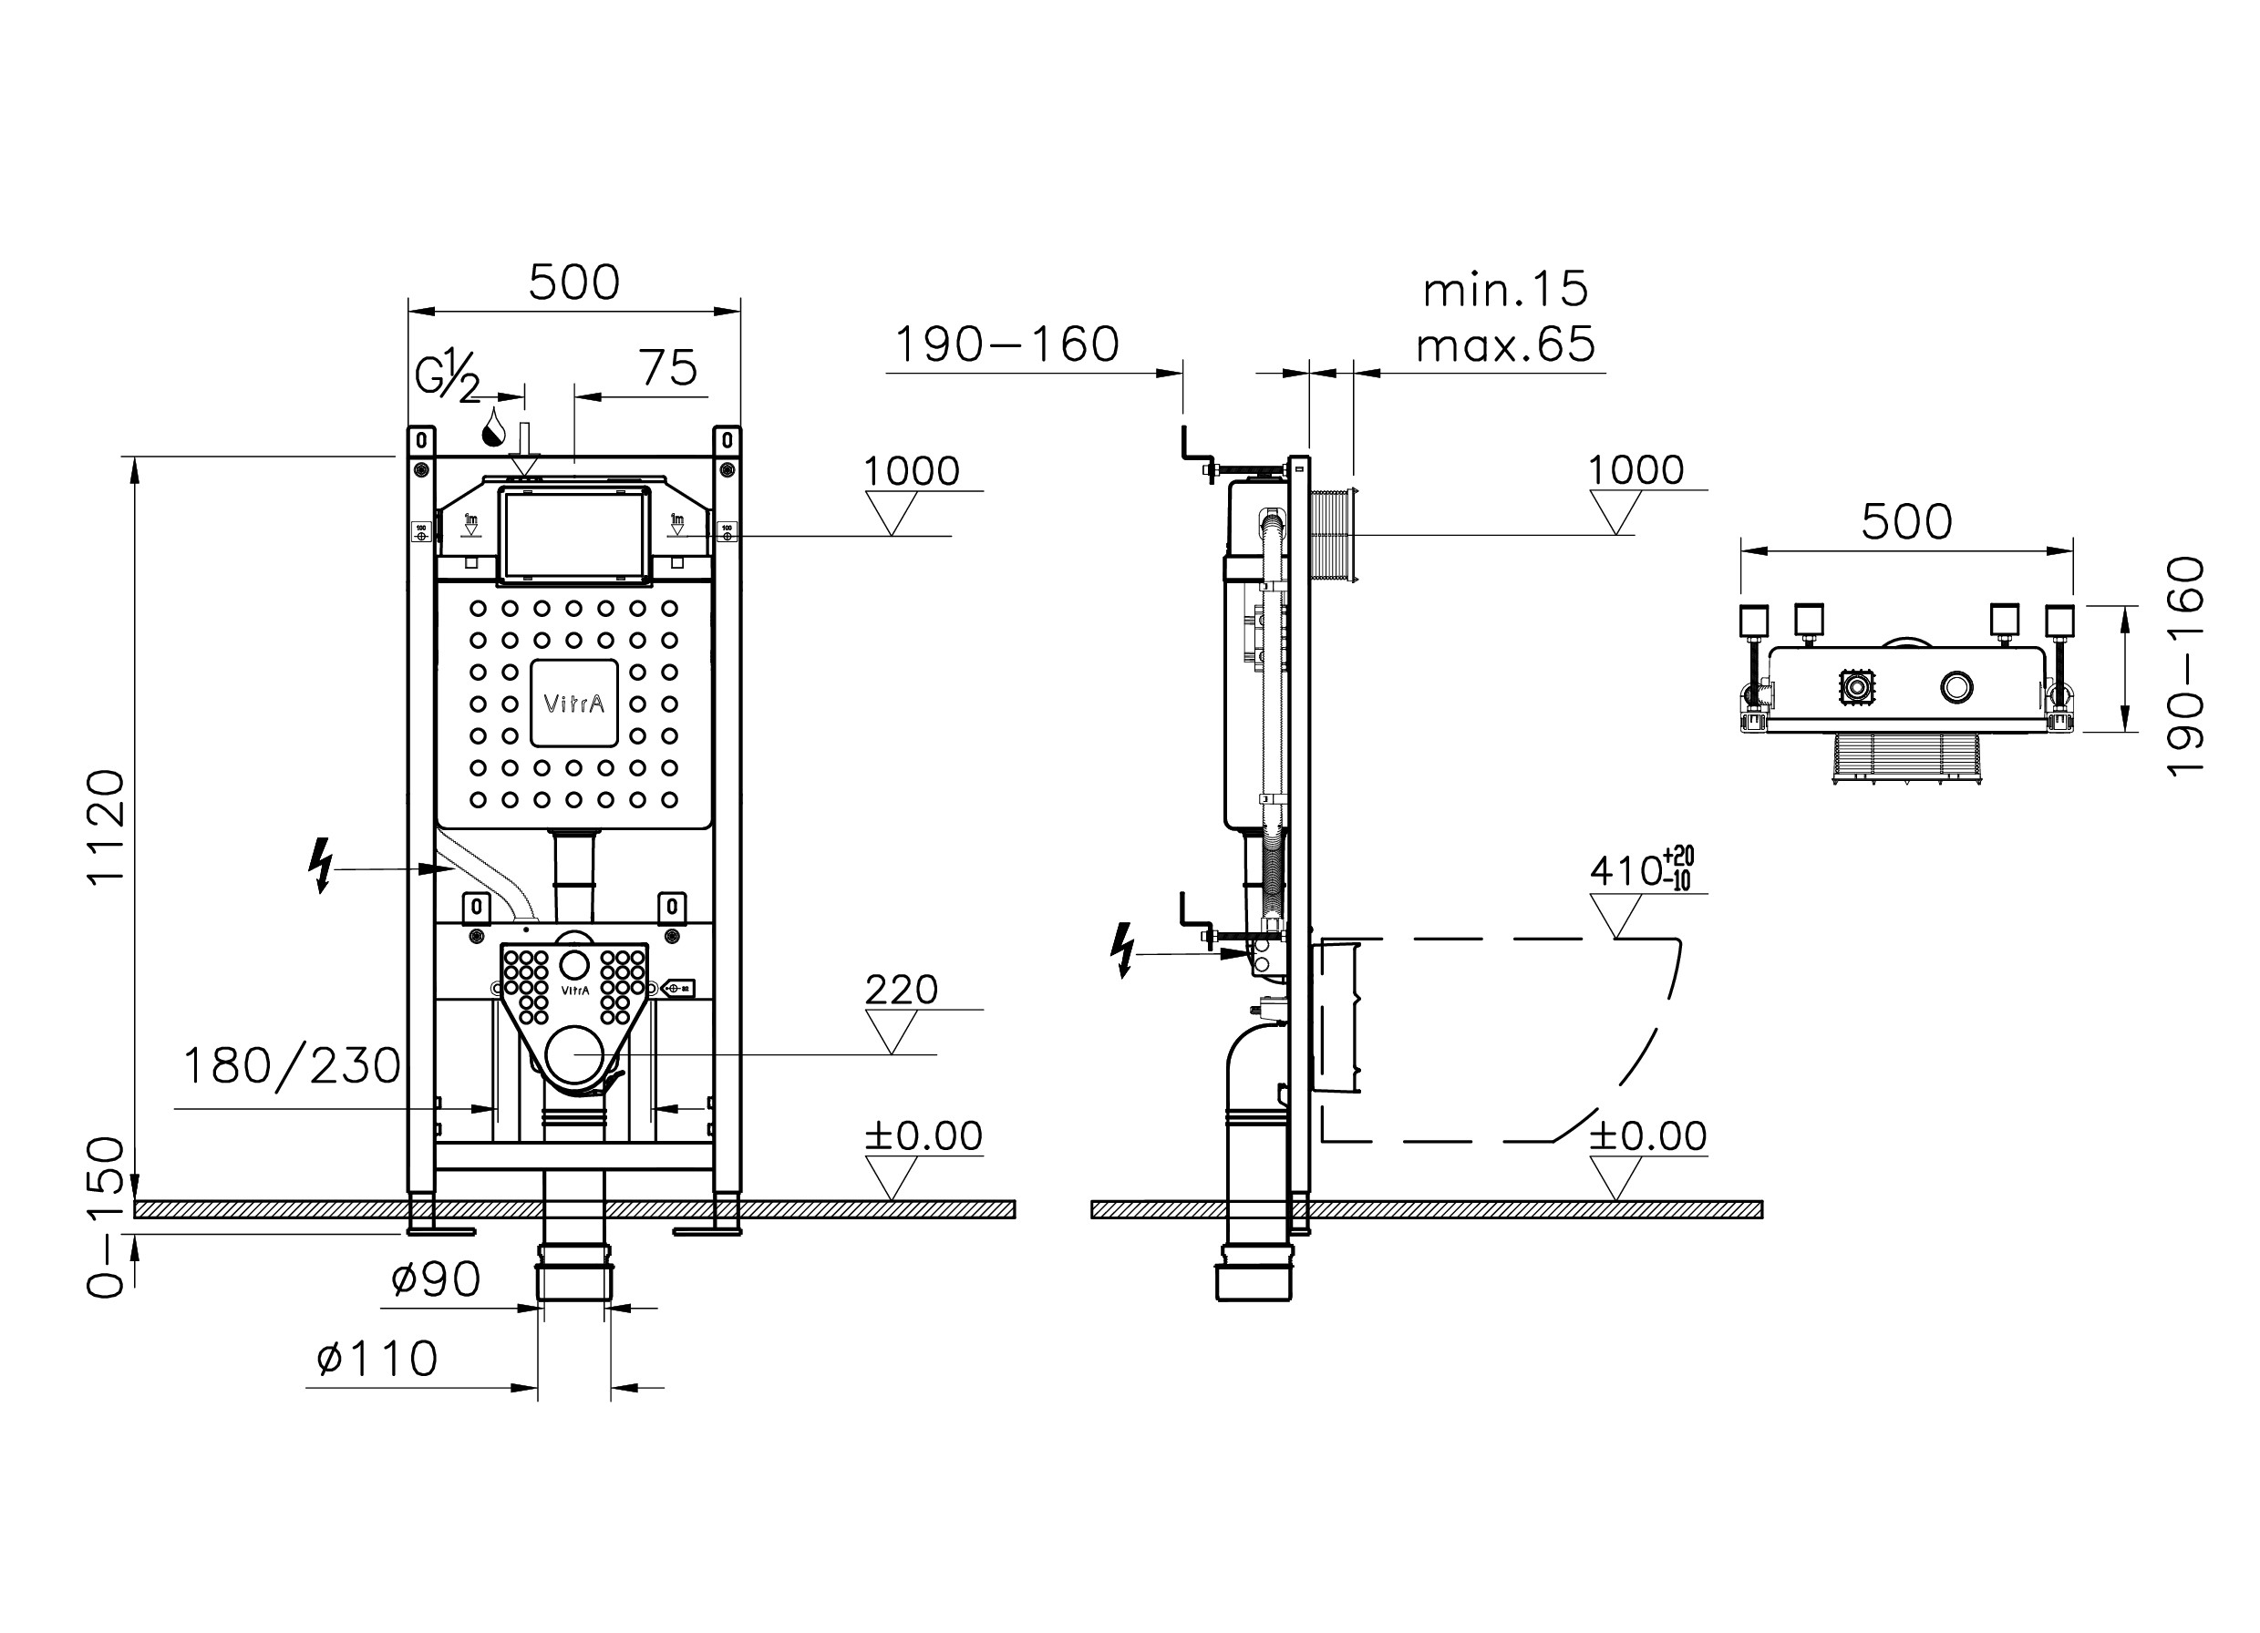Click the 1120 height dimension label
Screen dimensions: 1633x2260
107,825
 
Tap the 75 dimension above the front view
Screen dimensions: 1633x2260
667,369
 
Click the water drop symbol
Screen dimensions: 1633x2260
492,428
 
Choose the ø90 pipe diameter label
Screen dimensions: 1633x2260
436,1279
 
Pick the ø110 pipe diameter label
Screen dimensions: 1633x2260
377,1359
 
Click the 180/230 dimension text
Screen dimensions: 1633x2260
291,1066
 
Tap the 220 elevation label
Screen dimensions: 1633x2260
901,990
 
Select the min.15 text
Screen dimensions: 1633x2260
1504,290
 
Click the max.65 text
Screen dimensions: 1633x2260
1504,344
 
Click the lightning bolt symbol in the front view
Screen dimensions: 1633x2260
320,865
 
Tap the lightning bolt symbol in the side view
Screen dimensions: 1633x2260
1122,950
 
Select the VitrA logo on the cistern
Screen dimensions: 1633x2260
574,704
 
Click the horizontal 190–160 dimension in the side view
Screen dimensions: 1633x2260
1006,344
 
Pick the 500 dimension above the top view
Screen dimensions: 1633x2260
1906,522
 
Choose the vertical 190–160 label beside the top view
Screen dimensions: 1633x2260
2187,666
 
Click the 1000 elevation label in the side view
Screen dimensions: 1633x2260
1636,470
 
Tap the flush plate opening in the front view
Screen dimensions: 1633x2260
574,534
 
